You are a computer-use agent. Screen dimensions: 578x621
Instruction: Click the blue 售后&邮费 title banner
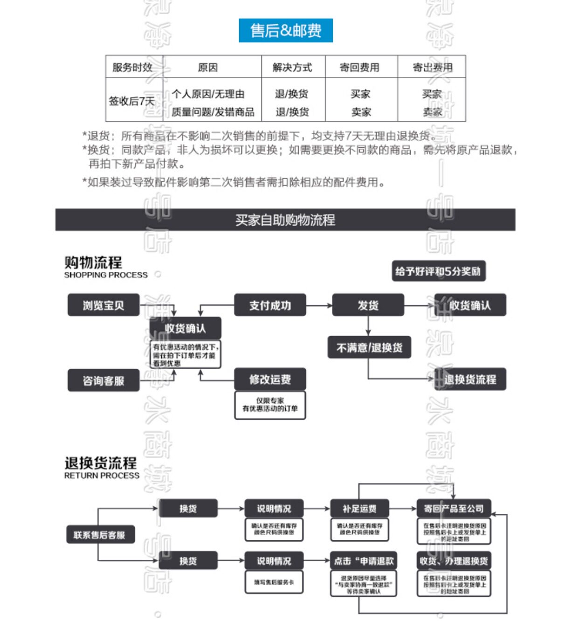[x=285, y=31]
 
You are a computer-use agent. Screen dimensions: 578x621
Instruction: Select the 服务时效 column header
[x=133, y=67]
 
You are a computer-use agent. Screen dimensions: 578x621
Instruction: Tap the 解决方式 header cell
[x=292, y=67]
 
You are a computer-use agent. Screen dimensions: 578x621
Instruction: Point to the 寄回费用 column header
[x=359, y=67]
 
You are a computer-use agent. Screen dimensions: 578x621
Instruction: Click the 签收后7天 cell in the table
[x=132, y=101]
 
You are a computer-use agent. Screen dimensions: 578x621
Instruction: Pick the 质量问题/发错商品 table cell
[x=213, y=112]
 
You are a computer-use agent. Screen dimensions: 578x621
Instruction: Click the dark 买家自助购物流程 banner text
[x=285, y=220]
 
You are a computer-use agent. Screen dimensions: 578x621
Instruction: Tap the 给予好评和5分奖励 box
[x=438, y=271]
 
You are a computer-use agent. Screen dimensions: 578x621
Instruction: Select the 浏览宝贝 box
[x=103, y=305]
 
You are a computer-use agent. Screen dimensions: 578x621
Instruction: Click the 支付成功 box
[x=270, y=305]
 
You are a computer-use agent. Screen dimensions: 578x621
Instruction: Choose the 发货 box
[x=368, y=305]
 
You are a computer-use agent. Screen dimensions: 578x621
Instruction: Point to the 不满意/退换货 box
[x=369, y=347]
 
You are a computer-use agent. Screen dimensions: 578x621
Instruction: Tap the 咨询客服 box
[x=103, y=380]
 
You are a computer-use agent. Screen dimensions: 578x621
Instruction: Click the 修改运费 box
[x=270, y=379]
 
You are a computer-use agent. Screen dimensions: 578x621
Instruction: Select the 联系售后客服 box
[x=100, y=535]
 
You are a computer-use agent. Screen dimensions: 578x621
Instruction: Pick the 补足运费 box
[x=359, y=509]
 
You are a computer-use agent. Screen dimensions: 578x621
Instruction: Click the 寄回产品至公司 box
[x=454, y=509]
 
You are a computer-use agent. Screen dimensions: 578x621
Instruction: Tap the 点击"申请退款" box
[x=364, y=561]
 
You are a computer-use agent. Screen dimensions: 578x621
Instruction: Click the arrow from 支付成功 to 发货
[x=319, y=305]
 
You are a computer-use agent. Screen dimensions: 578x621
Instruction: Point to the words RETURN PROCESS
[x=102, y=476]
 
